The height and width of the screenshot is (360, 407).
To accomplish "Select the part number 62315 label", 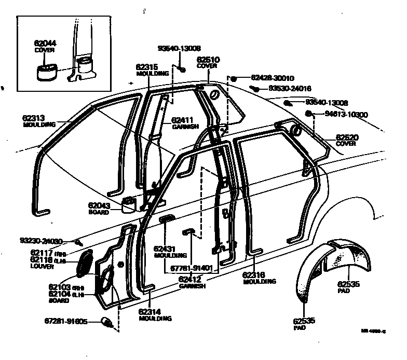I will pos(147,67).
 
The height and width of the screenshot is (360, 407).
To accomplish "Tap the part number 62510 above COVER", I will pos(208,60).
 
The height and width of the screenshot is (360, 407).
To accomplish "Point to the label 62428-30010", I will pos(273,78).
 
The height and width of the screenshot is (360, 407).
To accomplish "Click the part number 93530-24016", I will pos(290,89).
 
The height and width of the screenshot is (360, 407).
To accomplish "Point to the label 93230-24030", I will pos(41,241).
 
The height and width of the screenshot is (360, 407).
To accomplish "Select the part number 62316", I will pos(254,275).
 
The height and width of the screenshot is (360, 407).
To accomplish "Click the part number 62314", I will pos(151,312).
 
